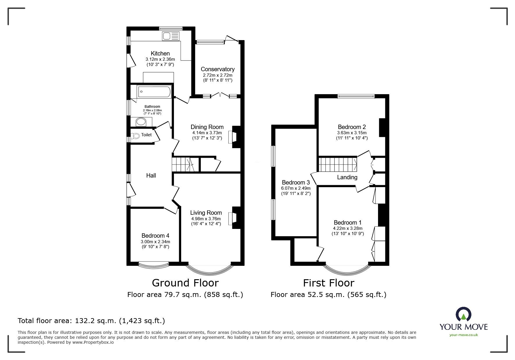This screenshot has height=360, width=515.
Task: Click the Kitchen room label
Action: click(x=160, y=53)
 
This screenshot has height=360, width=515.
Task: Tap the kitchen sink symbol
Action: click(x=170, y=36)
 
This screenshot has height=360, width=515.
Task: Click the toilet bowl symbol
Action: click(x=135, y=135)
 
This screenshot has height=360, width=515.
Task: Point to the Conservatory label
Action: click(x=218, y=69)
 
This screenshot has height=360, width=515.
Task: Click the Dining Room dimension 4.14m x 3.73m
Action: click(x=207, y=133)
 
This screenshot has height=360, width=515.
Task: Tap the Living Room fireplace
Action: click(x=234, y=218)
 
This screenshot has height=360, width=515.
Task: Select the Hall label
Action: click(x=151, y=175)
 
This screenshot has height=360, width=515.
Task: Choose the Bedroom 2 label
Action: click(x=352, y=127)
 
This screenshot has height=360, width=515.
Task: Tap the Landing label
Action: click(x=347, y=177)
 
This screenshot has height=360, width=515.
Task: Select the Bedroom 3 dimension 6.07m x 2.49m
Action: click(x=296, y=188)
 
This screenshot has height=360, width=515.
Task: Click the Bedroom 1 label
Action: click(x=348, y=223)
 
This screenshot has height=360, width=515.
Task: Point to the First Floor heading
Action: click(x=329, y=283)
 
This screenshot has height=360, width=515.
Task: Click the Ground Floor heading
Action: click(x=185, y=283)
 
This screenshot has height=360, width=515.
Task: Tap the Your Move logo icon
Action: click(x=464, y=314)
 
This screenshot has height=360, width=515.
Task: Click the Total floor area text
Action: click(x=91, y=321)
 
